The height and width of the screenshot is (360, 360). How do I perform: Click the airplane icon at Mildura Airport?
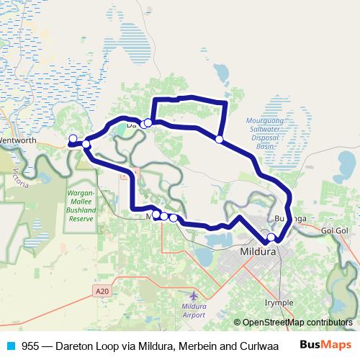click(194, 295)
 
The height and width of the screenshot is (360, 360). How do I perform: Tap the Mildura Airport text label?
click(193, 310)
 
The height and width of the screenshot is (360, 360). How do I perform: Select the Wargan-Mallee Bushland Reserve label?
click(86, 206)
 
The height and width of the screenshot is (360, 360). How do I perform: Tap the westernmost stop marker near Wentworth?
click(73, 138)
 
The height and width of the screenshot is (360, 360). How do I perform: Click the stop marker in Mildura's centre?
click(271, 238)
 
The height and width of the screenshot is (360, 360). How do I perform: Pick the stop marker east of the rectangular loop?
click(219, 138)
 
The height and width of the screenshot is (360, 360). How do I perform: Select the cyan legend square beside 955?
click(10, 346)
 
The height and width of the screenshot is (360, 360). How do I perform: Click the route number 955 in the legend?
click(30, 346)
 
